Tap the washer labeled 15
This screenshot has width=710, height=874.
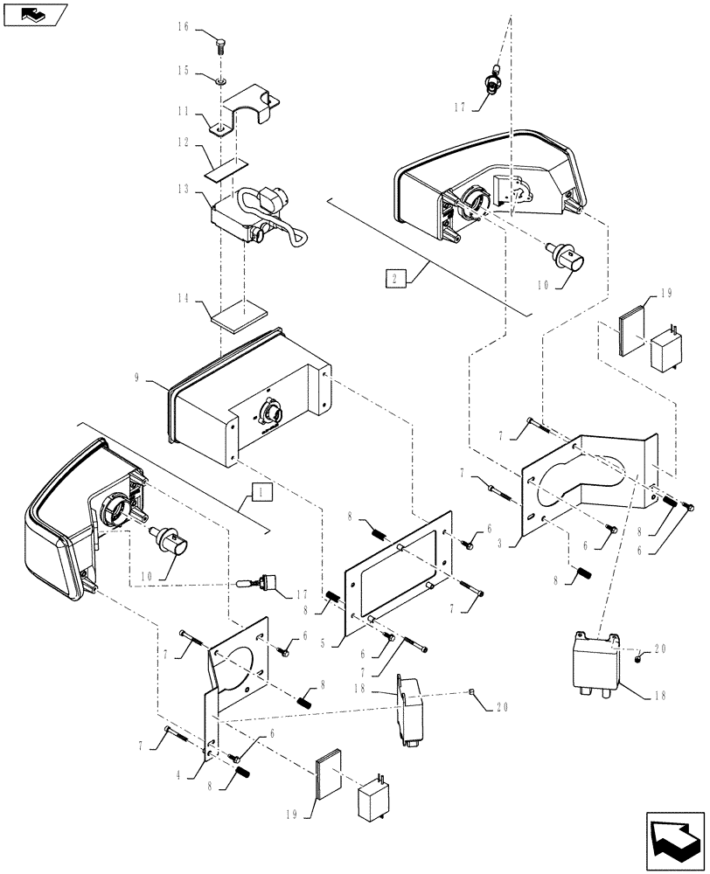[x=220, y=81]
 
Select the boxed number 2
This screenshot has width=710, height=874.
[x=393, y=279]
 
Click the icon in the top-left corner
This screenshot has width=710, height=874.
[x=35, y=14]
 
